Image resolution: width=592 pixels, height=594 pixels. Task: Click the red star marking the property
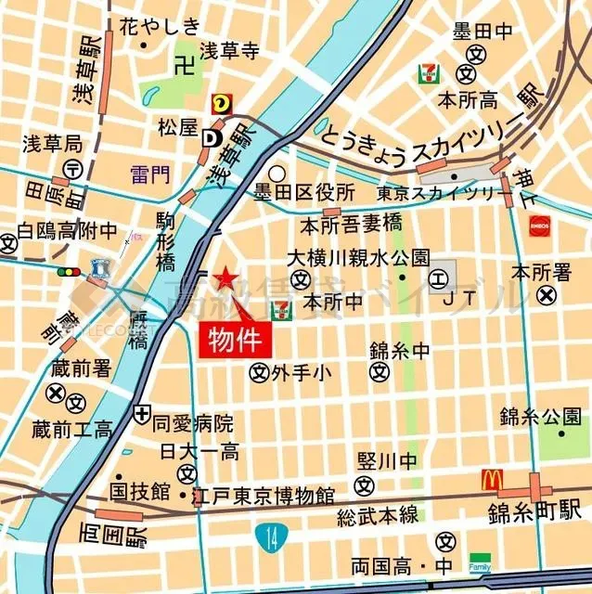[x=224, y=278]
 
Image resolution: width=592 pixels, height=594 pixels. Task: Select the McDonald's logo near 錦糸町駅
[x=491, y=481]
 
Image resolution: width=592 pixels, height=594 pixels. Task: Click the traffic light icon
[x=68, y=273]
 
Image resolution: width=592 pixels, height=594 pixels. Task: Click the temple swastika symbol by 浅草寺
[x=182, y=65]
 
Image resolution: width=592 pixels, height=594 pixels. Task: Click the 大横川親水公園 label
[x=357, y=257]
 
